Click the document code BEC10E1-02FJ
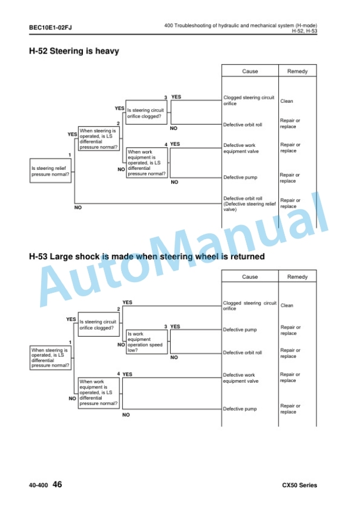pos(51,28)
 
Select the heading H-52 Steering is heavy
pos(74,51)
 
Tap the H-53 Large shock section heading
pos(147,256)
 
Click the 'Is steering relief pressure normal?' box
pos(51,171)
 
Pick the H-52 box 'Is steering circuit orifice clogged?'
pos(146,112)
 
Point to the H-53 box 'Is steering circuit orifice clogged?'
pos(98,324)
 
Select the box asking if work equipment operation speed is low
pos(147,342)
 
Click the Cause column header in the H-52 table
pos(250,71)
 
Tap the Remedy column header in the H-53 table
pos(297,277)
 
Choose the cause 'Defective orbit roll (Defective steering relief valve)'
pos(249,204)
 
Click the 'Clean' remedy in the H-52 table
pos(286,101)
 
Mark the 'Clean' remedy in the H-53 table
pos(286,306)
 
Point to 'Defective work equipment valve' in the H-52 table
pos(241,148)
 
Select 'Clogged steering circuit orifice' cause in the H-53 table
pos(249,306)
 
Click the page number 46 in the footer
pos(57,484)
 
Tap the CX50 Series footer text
pos(299,485)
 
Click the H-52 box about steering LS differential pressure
pos(99,139)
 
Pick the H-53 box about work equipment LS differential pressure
pos(99,393)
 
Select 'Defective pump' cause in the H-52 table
pos(240,178)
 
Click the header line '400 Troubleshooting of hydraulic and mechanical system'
pos(241,25)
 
